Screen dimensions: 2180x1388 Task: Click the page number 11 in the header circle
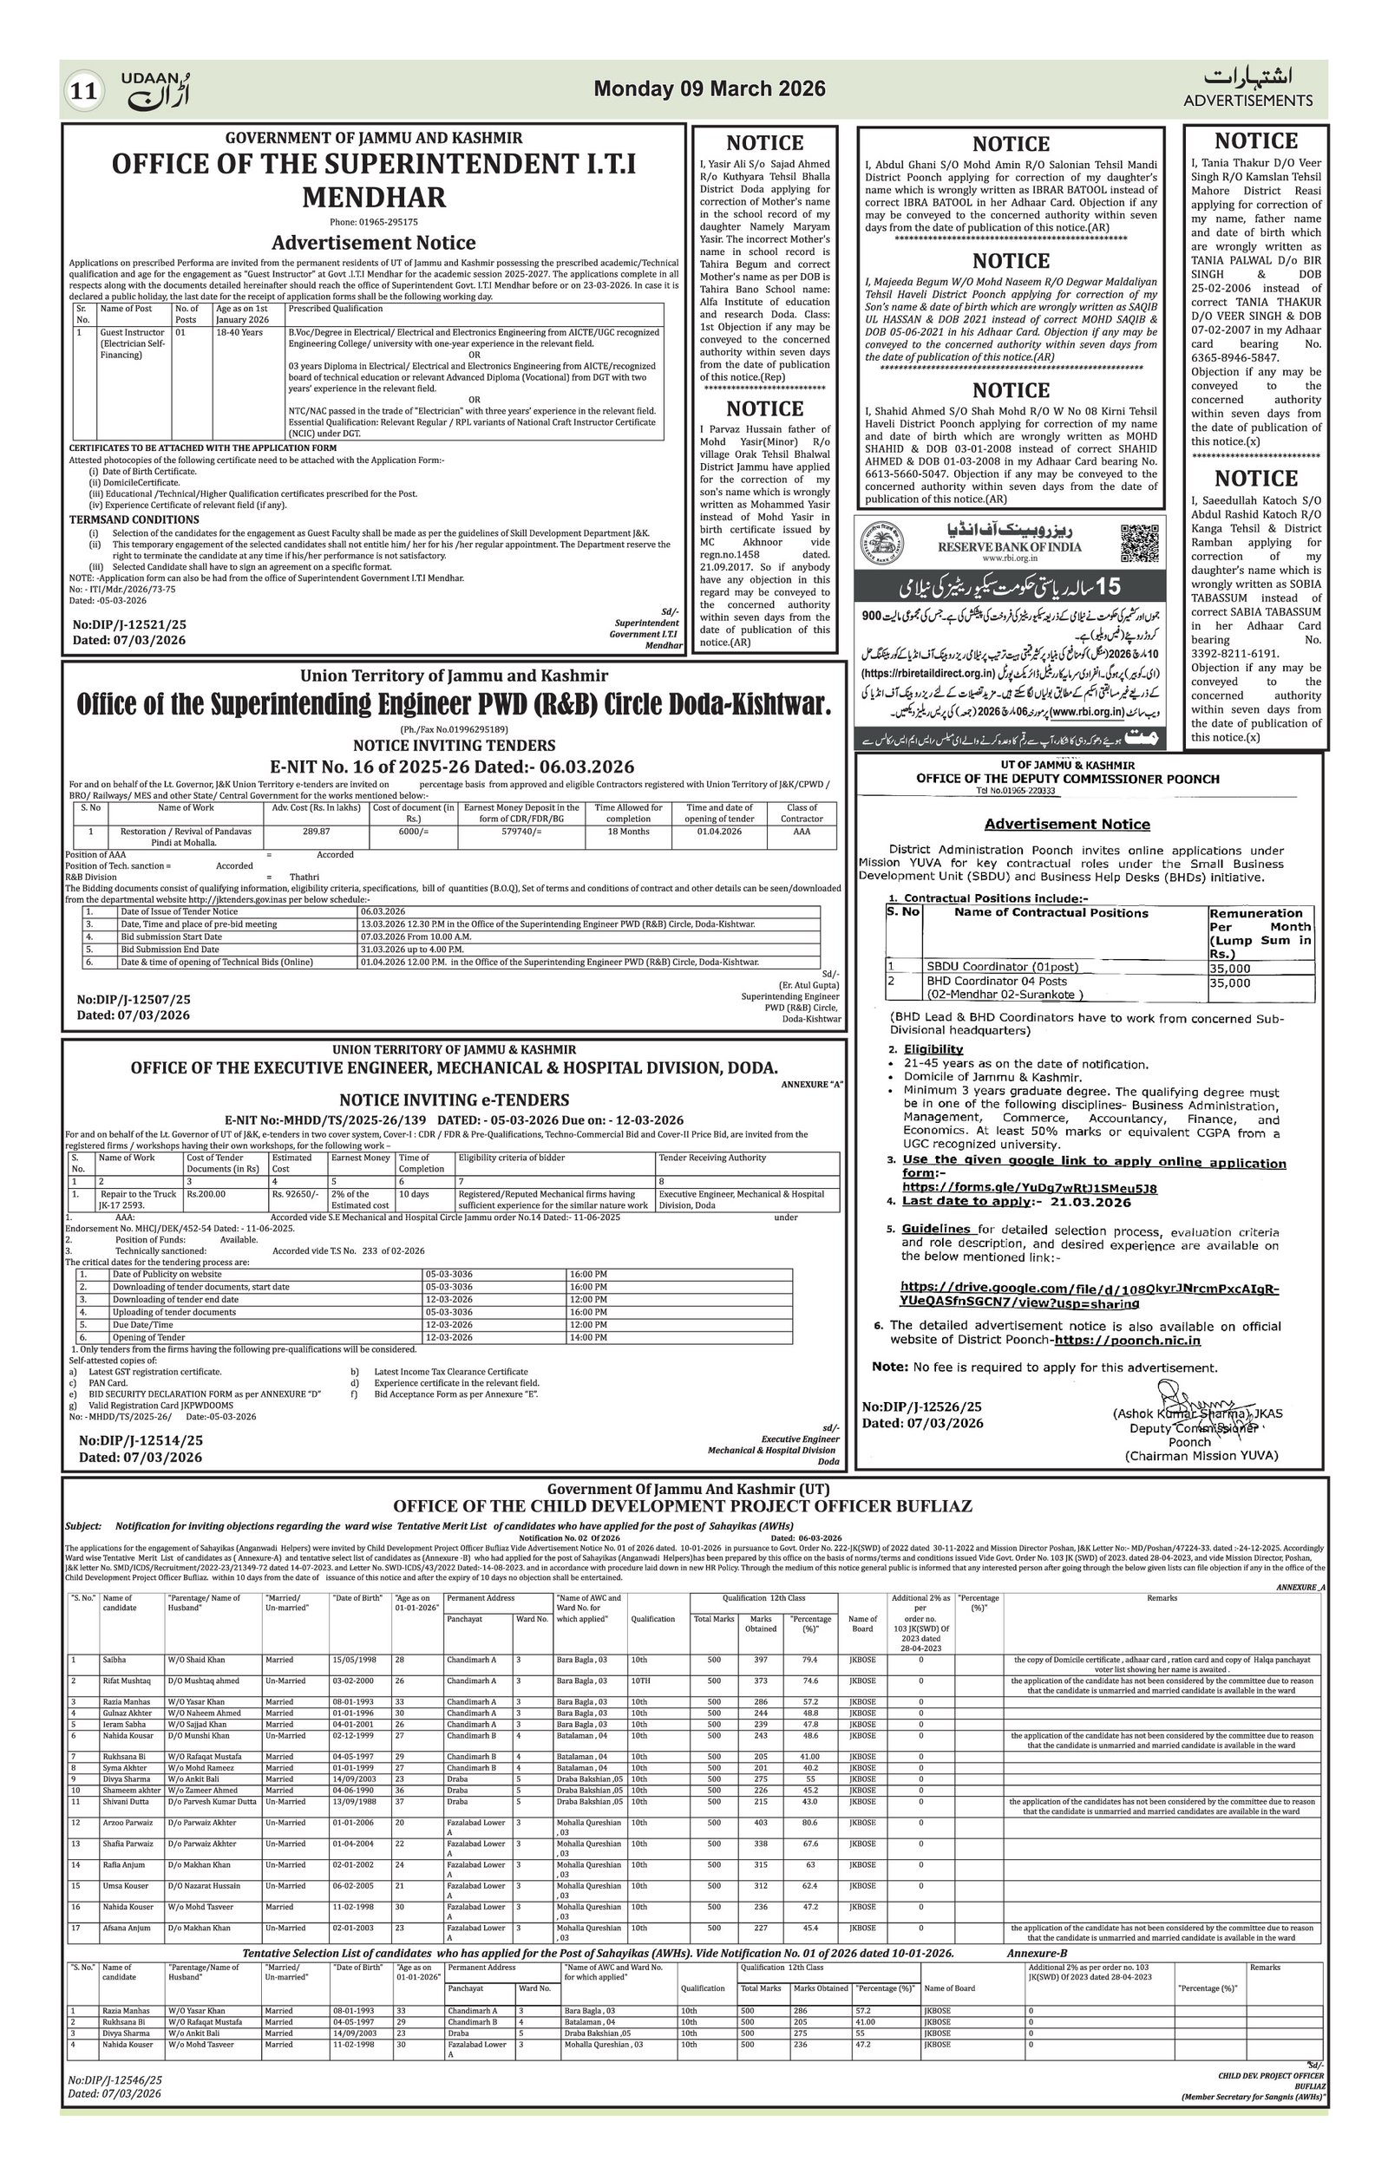pos(84,90)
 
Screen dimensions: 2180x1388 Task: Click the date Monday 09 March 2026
pos(709,88)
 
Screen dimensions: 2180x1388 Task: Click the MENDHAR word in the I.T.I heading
pos(374,197)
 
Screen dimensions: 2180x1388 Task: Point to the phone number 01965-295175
pos(374,222)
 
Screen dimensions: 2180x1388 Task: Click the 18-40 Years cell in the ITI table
pos(239,332)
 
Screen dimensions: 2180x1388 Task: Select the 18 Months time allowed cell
pos(627,830)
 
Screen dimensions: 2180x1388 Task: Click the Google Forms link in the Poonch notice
pos(1030,1188)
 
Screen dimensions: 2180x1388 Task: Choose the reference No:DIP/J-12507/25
pos(133,1000)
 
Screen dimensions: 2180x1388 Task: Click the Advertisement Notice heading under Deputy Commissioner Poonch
pos(1066,824)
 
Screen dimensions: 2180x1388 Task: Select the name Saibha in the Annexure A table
pos(115,1660)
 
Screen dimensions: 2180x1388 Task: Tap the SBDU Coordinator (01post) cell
pos(988,967)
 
